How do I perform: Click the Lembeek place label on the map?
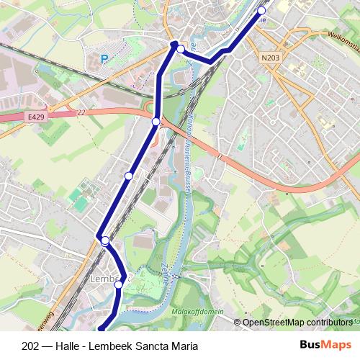[x=105, y=276]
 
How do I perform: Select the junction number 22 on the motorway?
[x=79, y=112]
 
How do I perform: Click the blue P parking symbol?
[x=104, y=60]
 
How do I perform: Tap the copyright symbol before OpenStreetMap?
[x=238, y=322]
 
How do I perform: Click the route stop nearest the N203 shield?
[x=261, y=11]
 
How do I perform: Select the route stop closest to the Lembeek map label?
[x=119, y=284]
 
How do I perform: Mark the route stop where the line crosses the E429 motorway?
[x=156, y=122]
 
